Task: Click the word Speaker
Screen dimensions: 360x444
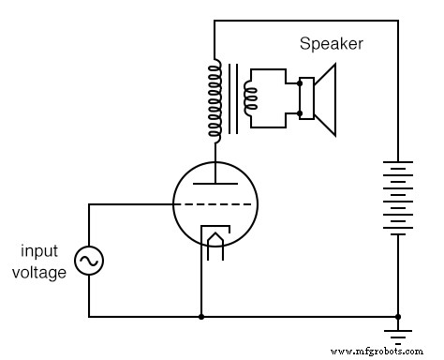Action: coord(331,44)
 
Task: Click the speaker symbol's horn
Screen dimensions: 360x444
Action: coord(324,97)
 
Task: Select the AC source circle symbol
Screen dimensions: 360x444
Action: coord(90,262)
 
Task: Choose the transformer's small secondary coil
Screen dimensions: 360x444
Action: coord(249,97)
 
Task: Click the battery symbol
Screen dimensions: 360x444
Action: coord(399,197)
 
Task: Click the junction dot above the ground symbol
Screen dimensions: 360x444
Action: coord(399,317)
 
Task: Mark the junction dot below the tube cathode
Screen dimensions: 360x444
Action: coord(201,317)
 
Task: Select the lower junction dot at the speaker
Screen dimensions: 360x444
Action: coord(298,114)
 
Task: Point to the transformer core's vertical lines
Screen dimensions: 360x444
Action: coord(230,97)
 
